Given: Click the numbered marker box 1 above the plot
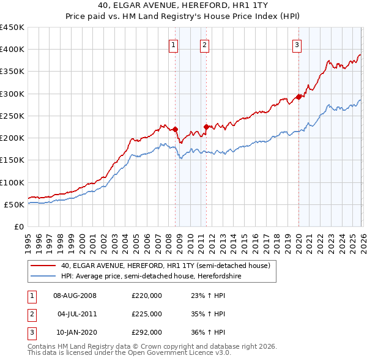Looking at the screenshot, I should pos(173,44).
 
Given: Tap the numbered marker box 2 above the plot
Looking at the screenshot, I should pos(204,44).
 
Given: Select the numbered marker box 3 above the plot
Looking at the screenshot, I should pos(297,44).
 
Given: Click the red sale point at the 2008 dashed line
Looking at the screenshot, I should pos(176,129).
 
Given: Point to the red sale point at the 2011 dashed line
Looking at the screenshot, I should pos(206,127).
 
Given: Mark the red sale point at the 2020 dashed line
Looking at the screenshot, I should pos(298,97).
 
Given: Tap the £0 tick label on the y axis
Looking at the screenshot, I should pos(18,226).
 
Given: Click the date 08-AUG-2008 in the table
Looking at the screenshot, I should pos(75,296).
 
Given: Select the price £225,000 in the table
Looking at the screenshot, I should pos(146,314).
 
